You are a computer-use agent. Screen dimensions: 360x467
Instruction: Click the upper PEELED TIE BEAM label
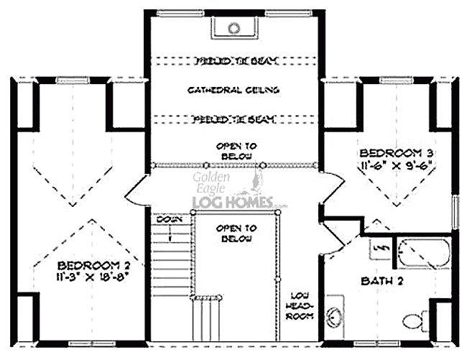(x=233, y=62)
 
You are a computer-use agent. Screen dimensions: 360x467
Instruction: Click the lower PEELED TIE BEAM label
(x=233, y=119)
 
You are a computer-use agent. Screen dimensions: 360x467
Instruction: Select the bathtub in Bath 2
(x=424, y=253)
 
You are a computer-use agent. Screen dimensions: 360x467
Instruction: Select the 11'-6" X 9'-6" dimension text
(x=392, y=165)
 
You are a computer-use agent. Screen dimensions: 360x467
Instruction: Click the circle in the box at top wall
(x=233, y=29)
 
